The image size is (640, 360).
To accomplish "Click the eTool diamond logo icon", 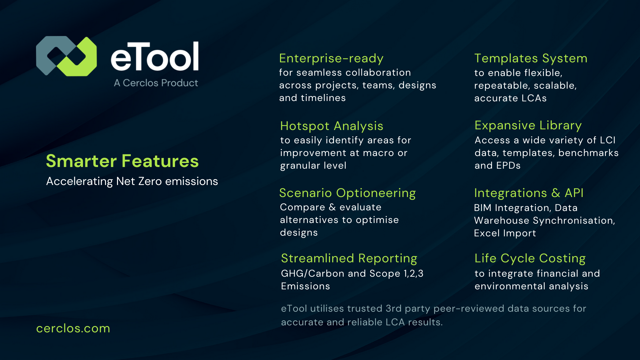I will coord(66,56).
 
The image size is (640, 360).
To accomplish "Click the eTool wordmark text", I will coord(155,57).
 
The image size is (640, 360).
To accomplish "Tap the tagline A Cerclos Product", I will coord(156,83).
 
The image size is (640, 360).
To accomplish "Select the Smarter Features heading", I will coord(122,161).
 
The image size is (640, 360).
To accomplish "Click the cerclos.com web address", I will coord(73,328).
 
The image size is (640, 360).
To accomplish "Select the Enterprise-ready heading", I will coord(331,58).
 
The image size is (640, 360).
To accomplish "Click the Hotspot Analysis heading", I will coord(332,126).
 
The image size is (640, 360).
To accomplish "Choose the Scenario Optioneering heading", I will coord(347,193).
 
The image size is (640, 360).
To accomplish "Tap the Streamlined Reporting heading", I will coord(349,258).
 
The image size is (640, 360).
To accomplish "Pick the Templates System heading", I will coord(531,58).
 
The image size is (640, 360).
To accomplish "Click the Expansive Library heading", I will coord(528,125).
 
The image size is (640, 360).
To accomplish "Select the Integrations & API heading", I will coord(529,193).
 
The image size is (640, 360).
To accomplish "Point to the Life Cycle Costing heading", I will coord(530,258).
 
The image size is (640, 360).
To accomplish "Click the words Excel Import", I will coord(505,233).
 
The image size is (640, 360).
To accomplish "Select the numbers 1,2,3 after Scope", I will coord(413,274).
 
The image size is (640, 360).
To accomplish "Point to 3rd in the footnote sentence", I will coord(394,309).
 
